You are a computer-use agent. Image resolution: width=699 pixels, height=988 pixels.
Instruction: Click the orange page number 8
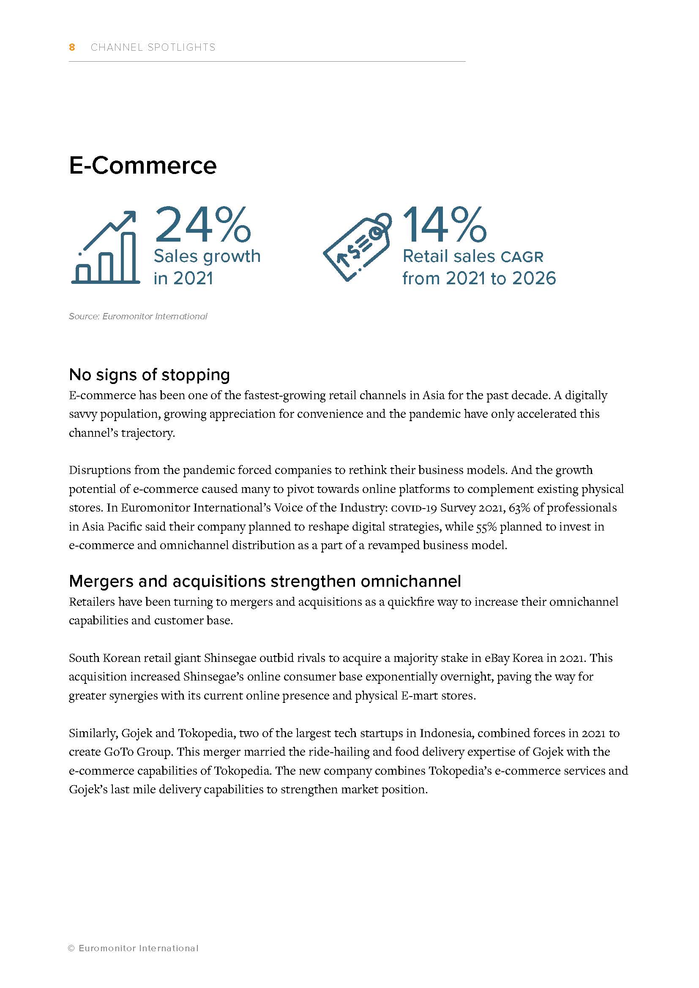pos(72,47)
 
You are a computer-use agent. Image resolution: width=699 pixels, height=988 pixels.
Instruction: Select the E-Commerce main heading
pos(142,166)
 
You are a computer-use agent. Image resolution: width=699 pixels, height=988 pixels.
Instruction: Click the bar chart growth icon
pos(106,248)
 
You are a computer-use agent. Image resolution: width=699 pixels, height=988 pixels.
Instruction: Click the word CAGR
pos(522,257)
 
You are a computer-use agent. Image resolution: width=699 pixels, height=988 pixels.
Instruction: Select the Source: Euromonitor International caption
pos(138,316)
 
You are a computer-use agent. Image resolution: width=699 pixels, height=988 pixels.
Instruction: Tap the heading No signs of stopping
pos(149,375)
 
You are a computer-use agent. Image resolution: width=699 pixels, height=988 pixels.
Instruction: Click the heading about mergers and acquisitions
pos(265,581)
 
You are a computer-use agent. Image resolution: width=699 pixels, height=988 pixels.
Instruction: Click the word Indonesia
pos(446,733)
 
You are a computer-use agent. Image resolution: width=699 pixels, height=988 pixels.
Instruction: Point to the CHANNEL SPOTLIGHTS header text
pos(153,47)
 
